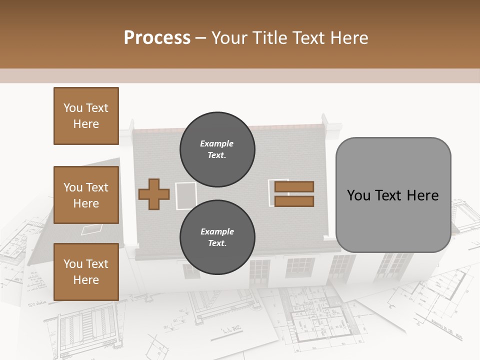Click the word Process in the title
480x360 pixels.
(x=157, y=38)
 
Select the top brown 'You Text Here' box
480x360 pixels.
(x=86, y=116)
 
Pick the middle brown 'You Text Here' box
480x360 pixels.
(x=86, y=195)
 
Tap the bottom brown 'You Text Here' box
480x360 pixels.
(x=86, y=272)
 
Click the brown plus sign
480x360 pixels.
(x=153, y=194)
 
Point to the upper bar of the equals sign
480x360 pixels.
(x=294, y=186)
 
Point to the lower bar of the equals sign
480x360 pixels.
(x=294, y=201)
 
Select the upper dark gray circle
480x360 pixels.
(x=217, y=149)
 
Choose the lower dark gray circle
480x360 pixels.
(x=217, y=237)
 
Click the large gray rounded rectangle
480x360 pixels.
(x=393, y=195)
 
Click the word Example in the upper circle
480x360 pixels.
(x=217, y=143)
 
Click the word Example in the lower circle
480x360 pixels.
(x=217, y=231)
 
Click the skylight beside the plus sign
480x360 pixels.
(x=186, y=195)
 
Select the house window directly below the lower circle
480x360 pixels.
(x=259, y=271)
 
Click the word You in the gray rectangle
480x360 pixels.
(x=359, y=195)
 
